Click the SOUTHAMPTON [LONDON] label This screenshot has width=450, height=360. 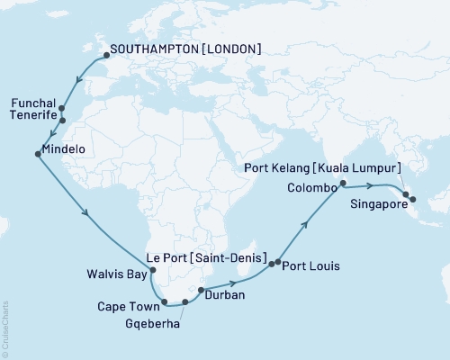[185, 50]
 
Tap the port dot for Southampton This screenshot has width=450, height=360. [105, 55]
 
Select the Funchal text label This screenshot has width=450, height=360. [32, 103]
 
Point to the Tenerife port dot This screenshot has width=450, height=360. [62, 120]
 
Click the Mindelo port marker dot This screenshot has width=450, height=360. [37, 154]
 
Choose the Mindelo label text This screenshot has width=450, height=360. [69, 152]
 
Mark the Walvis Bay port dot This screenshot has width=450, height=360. [152, 269]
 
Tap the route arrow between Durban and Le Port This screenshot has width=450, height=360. [232, 282]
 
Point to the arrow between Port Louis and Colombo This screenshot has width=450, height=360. [306, 222]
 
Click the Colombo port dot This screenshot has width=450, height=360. [342, 187]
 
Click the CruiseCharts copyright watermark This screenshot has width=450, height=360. [5, 328]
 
